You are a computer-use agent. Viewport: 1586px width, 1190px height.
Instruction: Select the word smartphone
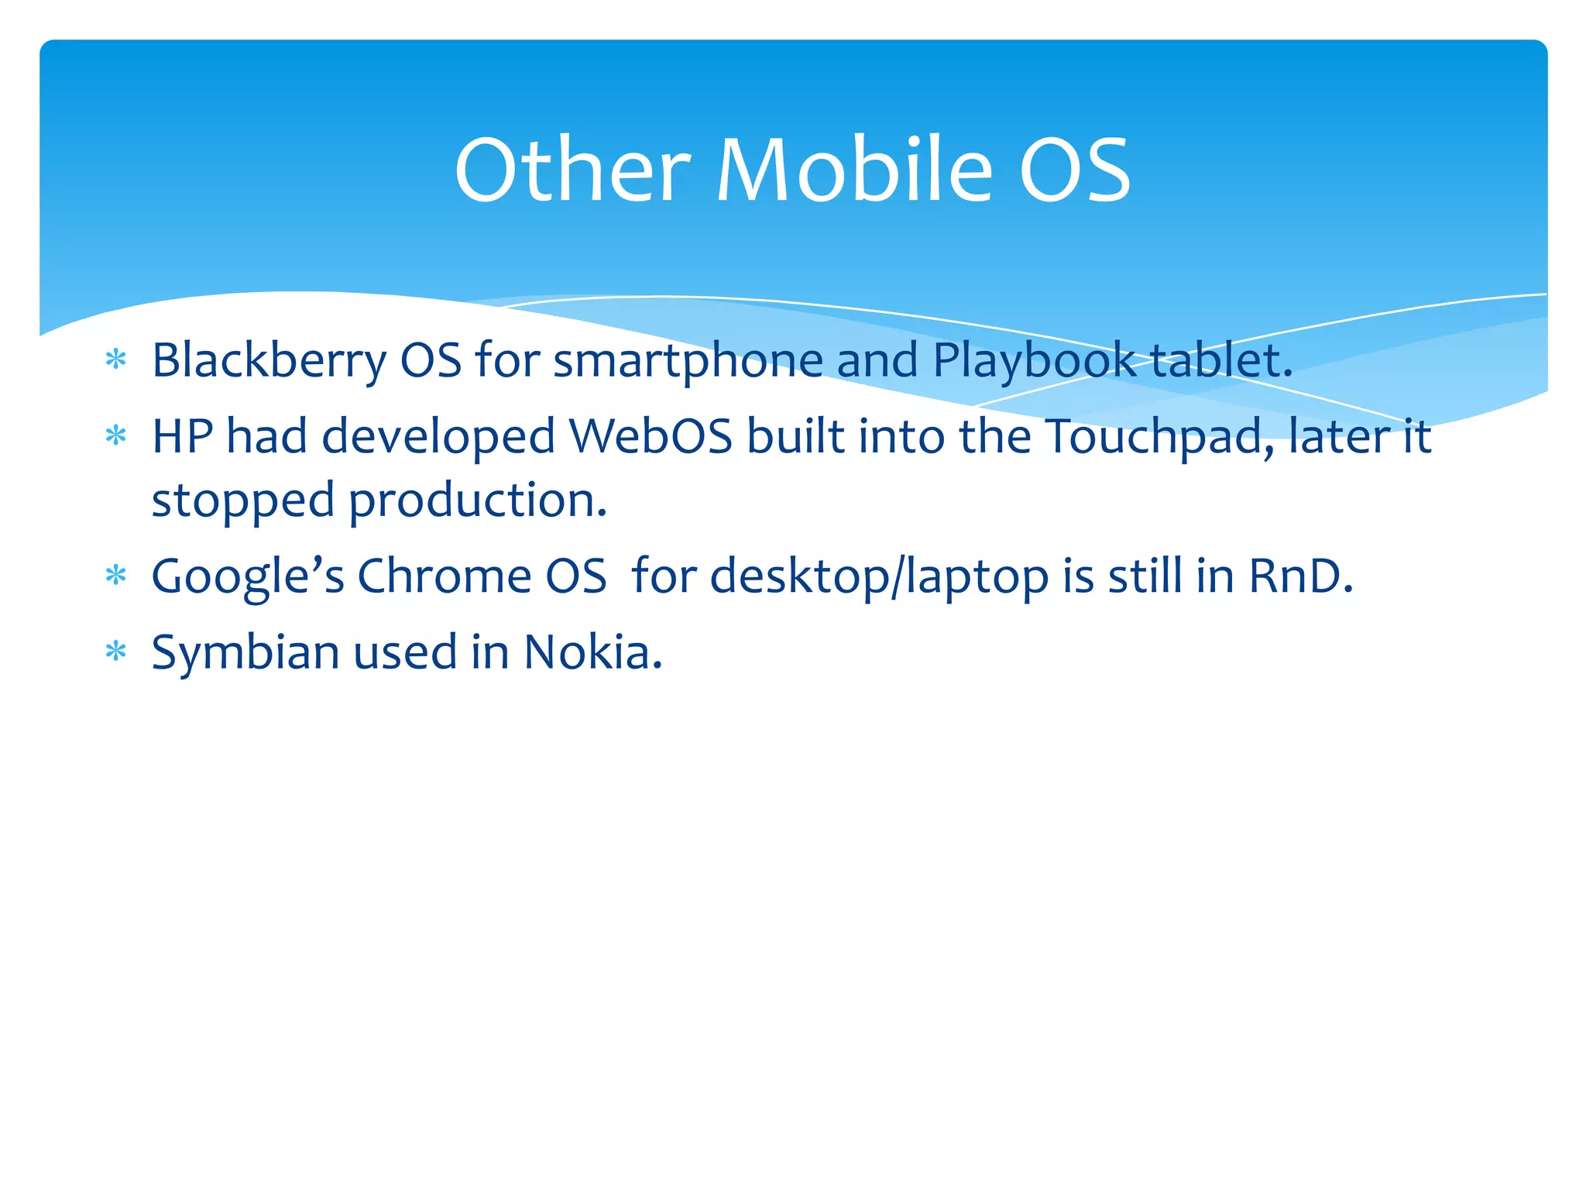688,361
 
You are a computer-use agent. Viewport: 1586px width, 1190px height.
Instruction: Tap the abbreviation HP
182,436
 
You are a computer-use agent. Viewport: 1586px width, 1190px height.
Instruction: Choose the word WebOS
651,436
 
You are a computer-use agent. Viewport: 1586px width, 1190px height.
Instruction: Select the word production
477,500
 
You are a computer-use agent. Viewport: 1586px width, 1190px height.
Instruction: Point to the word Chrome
444,576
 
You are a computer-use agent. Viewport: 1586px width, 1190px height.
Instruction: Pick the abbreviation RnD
1300,576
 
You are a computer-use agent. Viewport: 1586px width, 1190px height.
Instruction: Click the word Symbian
245,652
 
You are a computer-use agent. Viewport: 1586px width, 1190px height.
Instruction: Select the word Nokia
592,652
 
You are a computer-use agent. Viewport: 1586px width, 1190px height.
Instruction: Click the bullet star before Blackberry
115,360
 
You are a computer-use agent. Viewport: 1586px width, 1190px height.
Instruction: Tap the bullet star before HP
115,435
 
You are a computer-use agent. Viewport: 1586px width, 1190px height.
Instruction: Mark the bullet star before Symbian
115,652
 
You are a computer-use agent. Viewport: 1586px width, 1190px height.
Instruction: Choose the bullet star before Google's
115,576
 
